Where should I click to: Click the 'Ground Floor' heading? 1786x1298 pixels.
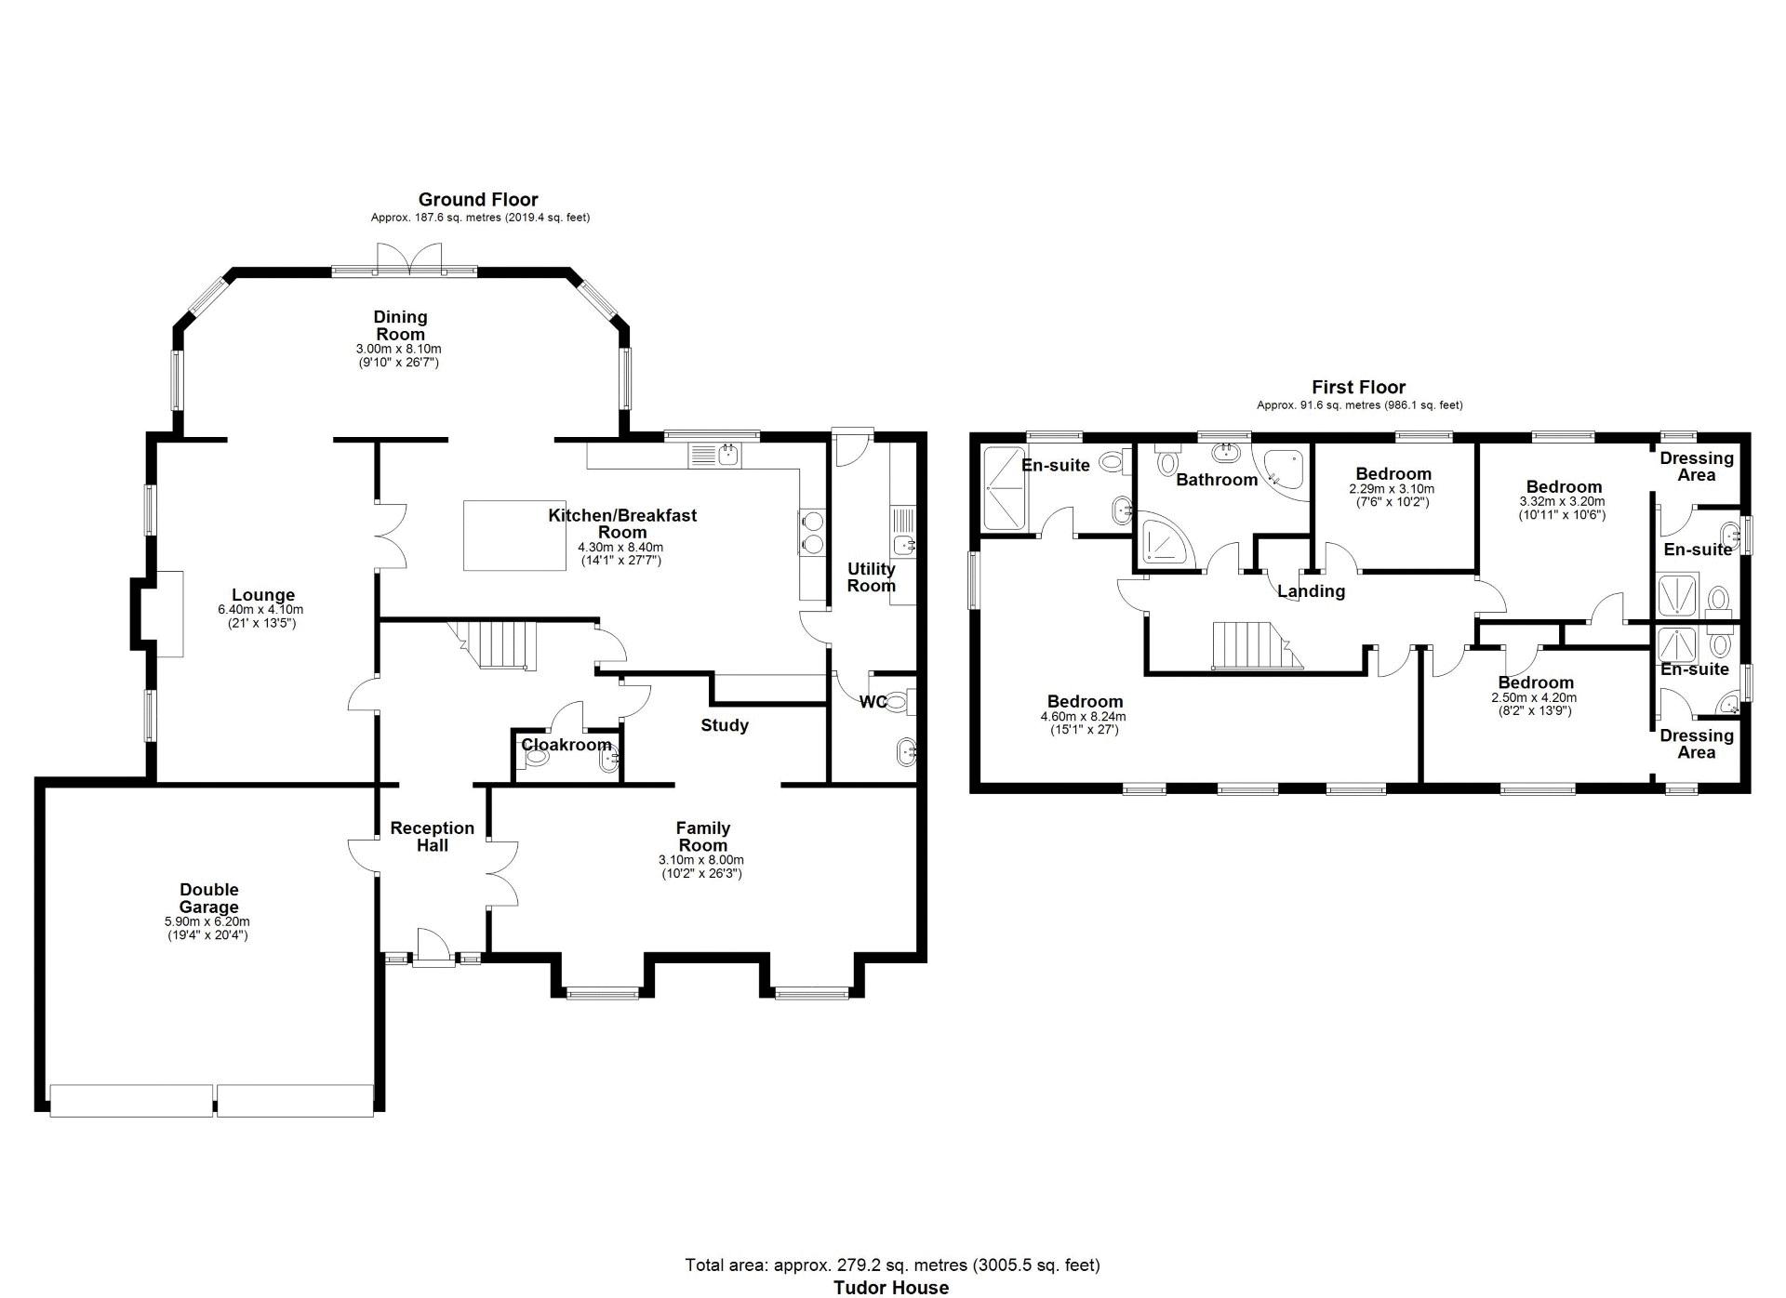pyautogui.click(x=478, y=199)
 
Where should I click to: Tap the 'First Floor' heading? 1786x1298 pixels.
pyautogui.click(x=1358, y=387)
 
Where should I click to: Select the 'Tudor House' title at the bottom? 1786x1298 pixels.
pyautogui.click(x=891, y=1287)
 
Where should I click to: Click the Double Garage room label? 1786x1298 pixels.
pyautogui.click(x=209, y=898)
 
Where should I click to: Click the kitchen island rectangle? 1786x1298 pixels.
pyautogui.click(x=514, y=535)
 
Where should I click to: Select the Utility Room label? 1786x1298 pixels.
pyautogui.click(x=872, y=576)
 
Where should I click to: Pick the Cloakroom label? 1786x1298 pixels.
pyautogui.click(x=566, y=745)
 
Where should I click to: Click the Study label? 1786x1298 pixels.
pyautogui.click(x=725, y=725)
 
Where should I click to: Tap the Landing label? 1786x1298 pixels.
pyautogui.click(x=1311, y=591)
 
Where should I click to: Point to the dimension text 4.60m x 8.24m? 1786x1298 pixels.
pyautogui.click(x=1084, y=717)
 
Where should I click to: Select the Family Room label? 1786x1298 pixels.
pyautogui.click(x=702, y=836)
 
